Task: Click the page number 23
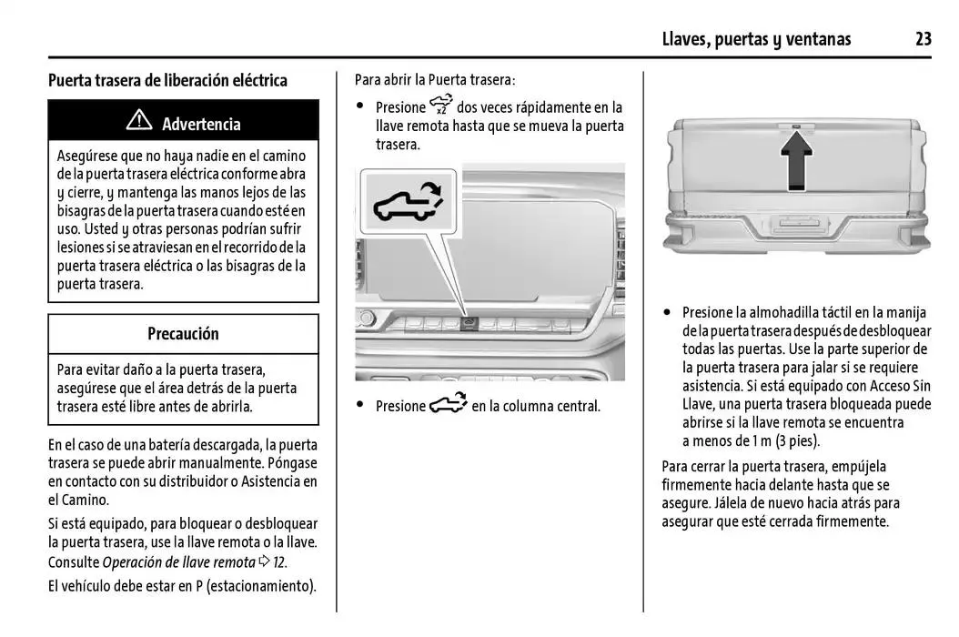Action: (923, 38)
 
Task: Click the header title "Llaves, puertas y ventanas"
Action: (756, 38)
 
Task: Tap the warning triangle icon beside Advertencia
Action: (139, 121)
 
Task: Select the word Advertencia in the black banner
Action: (201, 124)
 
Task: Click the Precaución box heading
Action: (183, 334)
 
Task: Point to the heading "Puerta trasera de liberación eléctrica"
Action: (167, 80)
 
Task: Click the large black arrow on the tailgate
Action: (797, 159)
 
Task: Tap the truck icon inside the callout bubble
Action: (407, 204)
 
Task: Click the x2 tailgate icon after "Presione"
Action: (440, 106)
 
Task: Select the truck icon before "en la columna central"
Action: (448, 405)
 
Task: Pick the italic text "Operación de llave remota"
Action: (178, 561)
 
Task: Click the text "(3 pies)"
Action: (797, 440)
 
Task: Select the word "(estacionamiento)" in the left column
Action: (261, 586)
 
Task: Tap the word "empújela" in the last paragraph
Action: (857, 467)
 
